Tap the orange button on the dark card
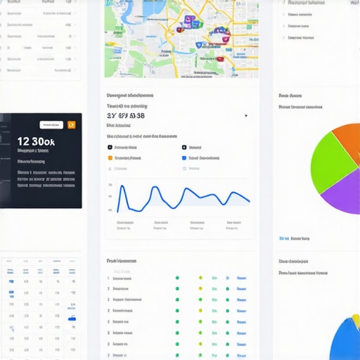[71, 124]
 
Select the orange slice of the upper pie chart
[349, 141]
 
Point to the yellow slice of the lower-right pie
[356, 323]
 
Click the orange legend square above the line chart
[110, 158]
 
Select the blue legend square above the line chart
[184, 158]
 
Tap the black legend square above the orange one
[110, 148]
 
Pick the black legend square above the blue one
[184, 148]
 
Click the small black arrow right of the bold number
[246, 116]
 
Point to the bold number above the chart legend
[126, 115]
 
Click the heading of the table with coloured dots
[121, 261]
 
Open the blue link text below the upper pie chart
[295, 238]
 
